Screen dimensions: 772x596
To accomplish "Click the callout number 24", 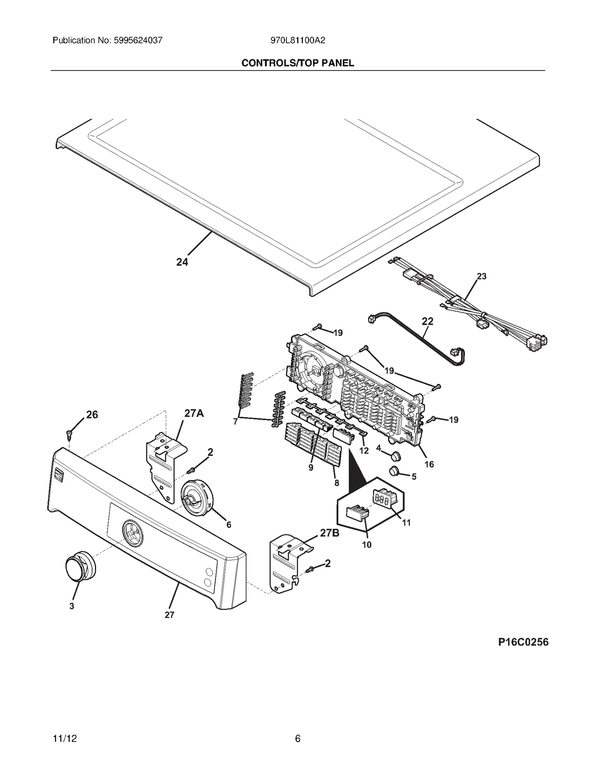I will pos(182,262).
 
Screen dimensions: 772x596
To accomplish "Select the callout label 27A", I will pos(194,413).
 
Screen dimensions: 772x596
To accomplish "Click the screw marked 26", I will pos(69,433).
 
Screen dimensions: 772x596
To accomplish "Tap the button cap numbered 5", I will pos(394,471).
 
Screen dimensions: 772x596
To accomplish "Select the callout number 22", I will pos(428,321).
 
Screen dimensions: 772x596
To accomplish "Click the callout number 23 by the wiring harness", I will pos(481,276).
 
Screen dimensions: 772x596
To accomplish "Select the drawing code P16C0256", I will pos(523,642).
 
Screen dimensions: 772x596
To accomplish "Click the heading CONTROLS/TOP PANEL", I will pos(298,63).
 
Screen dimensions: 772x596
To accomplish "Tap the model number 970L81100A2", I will pos(298,40).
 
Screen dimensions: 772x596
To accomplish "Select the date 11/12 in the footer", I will pos(65,738).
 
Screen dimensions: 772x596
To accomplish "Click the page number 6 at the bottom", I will pos(298,738).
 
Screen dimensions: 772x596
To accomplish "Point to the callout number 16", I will pos(429,464).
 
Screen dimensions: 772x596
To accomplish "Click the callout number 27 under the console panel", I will pos(169,615).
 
